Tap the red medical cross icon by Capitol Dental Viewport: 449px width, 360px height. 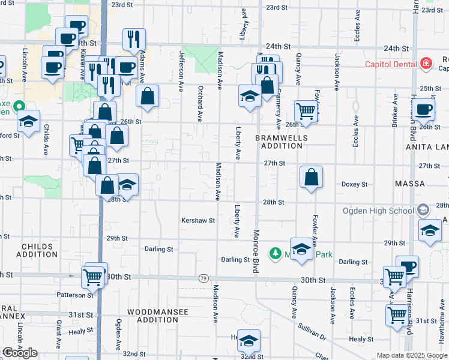pyautogui.click(x=426, y=63)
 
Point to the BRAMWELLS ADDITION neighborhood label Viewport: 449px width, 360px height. pyautogui.click(x=282, y=142)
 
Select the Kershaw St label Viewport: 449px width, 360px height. pyautogui.click(x=198, y=221)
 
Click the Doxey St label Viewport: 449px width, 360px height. pyautogui.click(x=354, y=184)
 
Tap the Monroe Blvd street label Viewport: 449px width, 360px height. pyautogui.click(x=256, y=252)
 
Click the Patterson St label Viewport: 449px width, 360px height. pyautogui.click(x=76, y=295)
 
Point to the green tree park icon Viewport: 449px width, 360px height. pyautogui.click(x=276, y=254)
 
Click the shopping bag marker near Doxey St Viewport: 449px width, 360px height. pyautogui.click(x=311, y=178)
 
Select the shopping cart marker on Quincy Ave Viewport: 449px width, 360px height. pyautogui.click(x=306, y=111)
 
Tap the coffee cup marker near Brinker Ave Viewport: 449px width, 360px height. pyautogui.click(x=424, y=109)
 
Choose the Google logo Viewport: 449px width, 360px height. pyautogui.click(x=20, y=353)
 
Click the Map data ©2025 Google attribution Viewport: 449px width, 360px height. pyautogui.click(x=412, y=355)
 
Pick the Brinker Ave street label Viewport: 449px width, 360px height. pyautogui.click(x=395, y=111)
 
